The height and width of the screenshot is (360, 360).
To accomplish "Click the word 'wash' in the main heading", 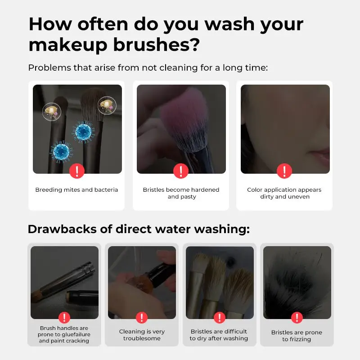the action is click(x=230, y=24).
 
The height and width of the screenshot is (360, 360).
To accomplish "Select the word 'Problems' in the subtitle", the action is click(x=49, y=68).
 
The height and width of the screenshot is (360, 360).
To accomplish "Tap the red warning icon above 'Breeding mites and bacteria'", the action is click(x=77, y=171).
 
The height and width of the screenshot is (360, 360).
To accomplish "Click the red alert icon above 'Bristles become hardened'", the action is click(x=181, y=171).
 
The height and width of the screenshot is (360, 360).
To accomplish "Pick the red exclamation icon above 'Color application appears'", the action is click(x=284, y=171).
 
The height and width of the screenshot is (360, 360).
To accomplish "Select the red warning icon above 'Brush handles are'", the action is click(x=64, y=318).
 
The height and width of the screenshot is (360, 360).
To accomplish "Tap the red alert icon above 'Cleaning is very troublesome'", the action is click(x=142, y=318).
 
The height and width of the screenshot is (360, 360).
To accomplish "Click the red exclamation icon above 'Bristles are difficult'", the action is click(x=220, y=318).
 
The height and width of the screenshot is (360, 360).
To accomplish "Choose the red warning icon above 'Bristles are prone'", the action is click(x=297, y=318).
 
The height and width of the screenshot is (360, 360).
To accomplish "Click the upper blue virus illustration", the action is click(x=83, y=132).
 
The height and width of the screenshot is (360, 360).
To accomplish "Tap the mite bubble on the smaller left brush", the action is click(x=52, y=112).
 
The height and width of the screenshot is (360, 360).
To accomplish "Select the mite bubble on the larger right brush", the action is click(x=107, y=106).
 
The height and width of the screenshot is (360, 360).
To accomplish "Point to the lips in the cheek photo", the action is click(x=320, y=154).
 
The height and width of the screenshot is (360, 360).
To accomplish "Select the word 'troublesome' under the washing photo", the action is click(x=142, y=338).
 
